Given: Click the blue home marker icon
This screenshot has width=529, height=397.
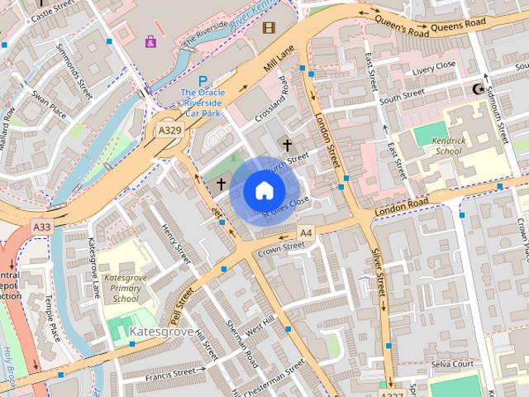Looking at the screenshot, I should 263,190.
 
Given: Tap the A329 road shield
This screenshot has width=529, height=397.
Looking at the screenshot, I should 170,131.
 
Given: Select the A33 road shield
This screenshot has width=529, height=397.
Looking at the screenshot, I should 41,226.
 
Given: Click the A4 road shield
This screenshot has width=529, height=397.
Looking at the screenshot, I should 306,232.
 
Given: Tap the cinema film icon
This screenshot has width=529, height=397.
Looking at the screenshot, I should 268,27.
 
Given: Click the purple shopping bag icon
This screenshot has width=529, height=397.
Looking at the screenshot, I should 150,41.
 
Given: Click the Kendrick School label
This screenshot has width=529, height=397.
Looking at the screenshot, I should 449,146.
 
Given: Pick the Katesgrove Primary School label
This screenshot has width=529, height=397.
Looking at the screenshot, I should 126,288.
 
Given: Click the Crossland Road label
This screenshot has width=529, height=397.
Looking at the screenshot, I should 272,103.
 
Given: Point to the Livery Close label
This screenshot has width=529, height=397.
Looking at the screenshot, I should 434,65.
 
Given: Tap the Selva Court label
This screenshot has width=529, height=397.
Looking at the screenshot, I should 451,364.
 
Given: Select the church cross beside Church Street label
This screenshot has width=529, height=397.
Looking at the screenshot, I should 287,145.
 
